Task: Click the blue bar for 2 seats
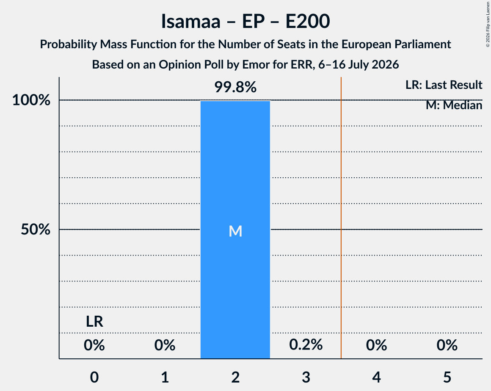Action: click(x=235, y=230)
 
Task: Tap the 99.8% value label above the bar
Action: click(x=235, y=87)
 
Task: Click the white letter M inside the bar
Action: click(x=235, y=231)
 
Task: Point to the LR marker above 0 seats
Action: click(x=94, y=322)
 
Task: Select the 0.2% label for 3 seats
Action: click(x=306, y=345)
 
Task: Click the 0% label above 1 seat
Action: click(x=165, y=345)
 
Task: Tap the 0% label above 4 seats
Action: click(x=376, y=345)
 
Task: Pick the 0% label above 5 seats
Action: click(x=447, y=345)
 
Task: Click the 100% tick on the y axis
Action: click(x=31, y=100)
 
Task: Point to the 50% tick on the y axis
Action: click(x=36, y=229)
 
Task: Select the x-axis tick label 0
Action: click(x=94, y=377)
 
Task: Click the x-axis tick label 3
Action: click(x=306, y=377)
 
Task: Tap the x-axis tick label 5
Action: click(x=447, y=377)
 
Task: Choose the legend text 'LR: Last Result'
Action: click(x=444, y=85)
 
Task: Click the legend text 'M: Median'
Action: click(x=454, y=105)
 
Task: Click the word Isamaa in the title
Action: click(x=191, y=21)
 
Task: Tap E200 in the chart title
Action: click(x=307, y=21)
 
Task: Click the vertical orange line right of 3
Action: click(x=341, y=218)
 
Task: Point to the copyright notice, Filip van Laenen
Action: click(x=488, y=25)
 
